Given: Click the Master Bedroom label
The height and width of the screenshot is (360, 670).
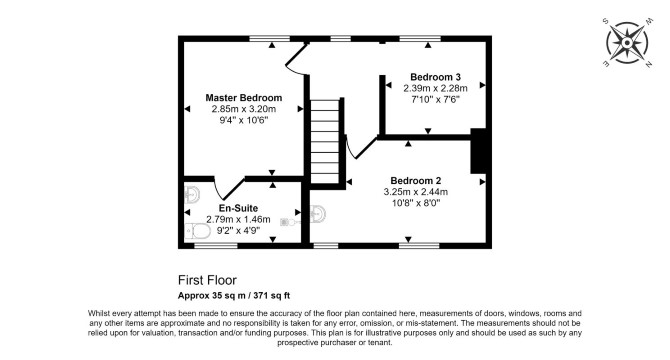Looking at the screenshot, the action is click(x=244, y=98).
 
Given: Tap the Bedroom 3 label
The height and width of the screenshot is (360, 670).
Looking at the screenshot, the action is click(x=435, y=77).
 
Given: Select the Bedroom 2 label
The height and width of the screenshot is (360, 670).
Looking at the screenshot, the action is click(x=416, y=181).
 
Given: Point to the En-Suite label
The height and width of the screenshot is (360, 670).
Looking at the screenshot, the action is click(x=238, y=208).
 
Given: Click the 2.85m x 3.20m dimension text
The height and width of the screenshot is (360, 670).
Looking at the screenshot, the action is click(x=244, y=109).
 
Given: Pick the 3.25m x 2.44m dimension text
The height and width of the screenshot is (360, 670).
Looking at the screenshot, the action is click(x=416, y=192).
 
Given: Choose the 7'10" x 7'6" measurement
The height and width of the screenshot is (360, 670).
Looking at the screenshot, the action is click(x=435, y=100).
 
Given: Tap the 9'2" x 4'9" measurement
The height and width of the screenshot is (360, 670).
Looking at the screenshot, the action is click(x=238, y=231).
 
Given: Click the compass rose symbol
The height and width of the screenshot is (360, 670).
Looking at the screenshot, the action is click(x=627, y=43).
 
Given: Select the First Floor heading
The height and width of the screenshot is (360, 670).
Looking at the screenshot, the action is click(x=207, y=280).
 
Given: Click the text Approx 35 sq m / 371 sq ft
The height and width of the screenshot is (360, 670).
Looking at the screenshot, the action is click(x=234, y=296).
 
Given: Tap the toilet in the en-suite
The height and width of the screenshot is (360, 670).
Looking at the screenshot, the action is click(x=197, y=232).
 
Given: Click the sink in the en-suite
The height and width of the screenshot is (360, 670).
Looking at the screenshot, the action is click(x=192, y=196).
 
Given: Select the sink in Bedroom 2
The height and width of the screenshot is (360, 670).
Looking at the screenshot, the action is click(x=317, y=214).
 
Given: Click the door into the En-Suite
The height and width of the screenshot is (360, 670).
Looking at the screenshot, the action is click(x=229, y=188).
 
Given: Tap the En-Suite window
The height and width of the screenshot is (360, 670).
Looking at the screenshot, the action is click(x=216, y=246).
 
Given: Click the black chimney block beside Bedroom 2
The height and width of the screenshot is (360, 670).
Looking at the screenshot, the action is click(x=478, y=151).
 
